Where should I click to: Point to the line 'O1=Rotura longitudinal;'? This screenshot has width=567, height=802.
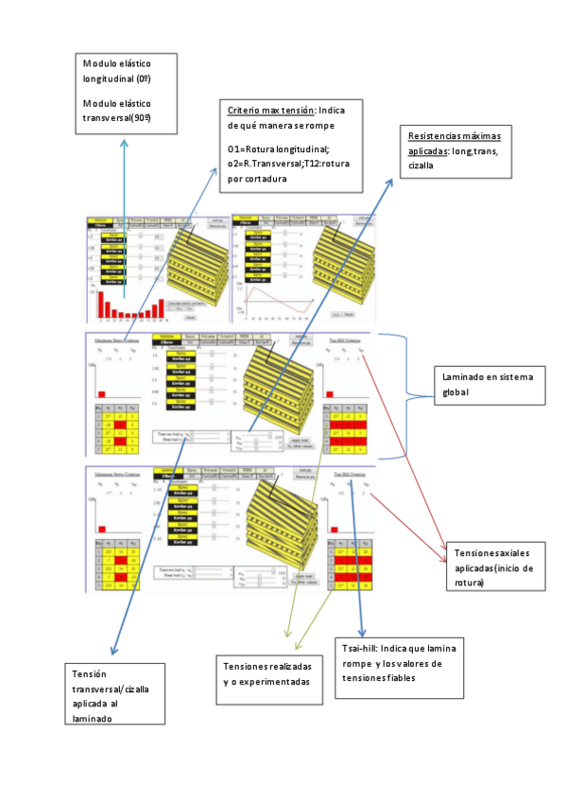(x=278, y=149)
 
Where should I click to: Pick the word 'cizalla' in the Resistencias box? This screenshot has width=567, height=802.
(x=420, y=165)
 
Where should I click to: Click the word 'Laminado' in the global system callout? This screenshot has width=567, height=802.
(x=464, y=377)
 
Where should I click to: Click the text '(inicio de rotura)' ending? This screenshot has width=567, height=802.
(x=489, y=575)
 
